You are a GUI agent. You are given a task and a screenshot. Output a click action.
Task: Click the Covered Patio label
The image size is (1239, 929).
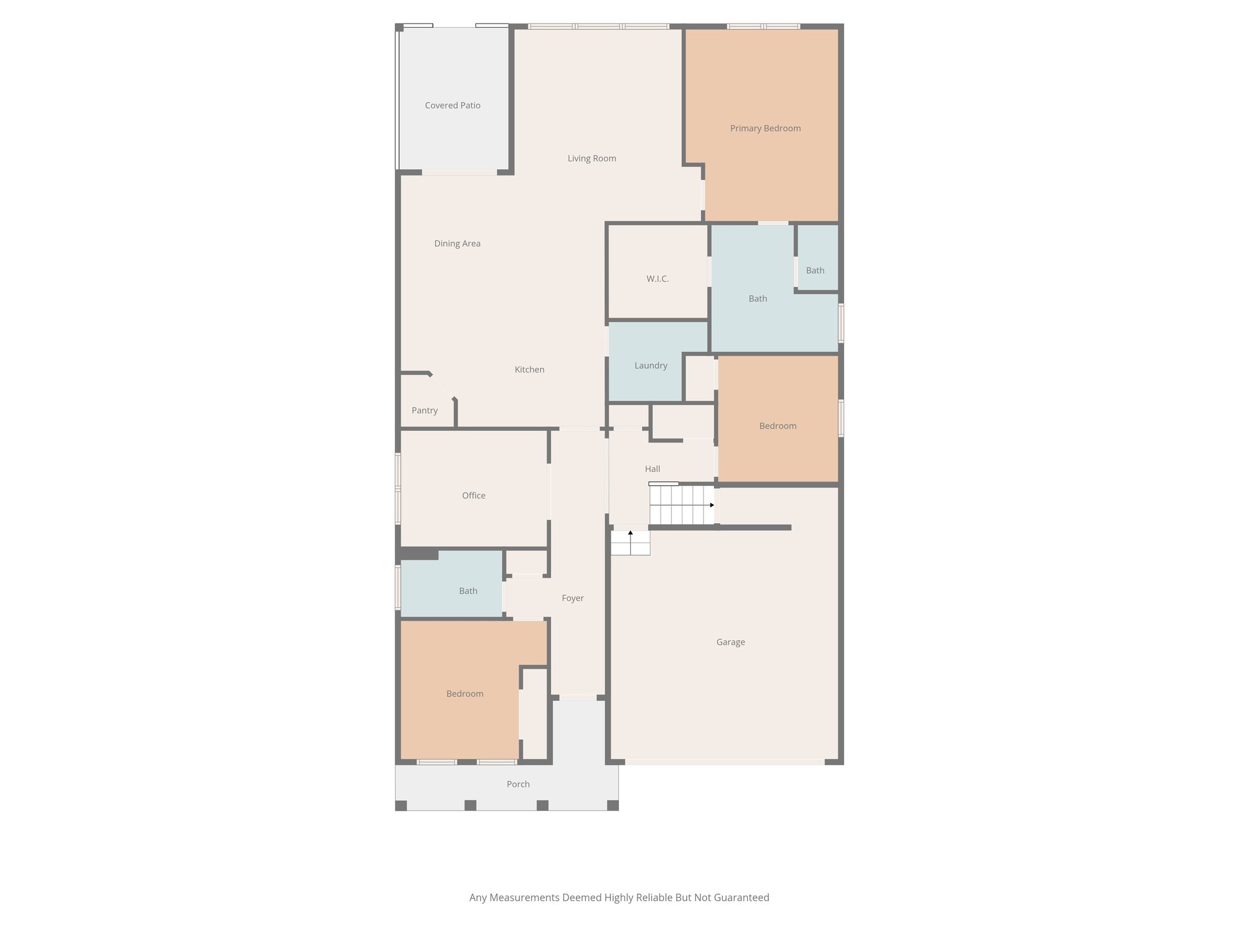[453, 105]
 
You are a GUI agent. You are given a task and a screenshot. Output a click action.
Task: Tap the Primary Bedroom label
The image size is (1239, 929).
[765, 128]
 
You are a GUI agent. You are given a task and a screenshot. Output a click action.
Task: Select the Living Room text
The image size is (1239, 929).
[592, 158]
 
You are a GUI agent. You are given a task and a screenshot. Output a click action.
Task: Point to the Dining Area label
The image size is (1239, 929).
[457, 244]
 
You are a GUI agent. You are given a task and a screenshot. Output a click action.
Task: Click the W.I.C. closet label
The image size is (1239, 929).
[658, 279]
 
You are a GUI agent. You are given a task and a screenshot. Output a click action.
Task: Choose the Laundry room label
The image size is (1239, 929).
[651, 365]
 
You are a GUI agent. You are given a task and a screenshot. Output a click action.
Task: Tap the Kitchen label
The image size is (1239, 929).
[529, 370]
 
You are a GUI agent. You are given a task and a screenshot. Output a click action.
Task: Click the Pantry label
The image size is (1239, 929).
[425, 411]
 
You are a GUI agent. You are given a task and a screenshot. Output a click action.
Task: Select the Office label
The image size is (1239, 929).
[474, 495]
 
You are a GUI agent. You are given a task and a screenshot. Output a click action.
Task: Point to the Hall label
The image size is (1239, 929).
[652, 469]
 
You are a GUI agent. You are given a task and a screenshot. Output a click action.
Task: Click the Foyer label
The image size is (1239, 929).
[572, 598]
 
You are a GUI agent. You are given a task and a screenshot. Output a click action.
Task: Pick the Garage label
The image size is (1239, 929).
[730, 642]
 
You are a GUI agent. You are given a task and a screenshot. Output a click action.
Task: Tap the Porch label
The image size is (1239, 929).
[518, 784]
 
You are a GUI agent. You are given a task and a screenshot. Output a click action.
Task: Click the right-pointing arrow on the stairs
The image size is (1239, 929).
[712, 505]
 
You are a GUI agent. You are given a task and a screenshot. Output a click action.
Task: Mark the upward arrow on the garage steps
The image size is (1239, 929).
[630, 533]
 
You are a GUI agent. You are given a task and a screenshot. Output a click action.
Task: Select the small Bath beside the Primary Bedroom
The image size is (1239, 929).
[815, 270]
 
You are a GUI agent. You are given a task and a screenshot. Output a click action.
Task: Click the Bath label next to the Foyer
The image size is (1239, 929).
[468, 591]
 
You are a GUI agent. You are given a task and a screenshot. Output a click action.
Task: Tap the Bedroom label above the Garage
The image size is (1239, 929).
[777, 426]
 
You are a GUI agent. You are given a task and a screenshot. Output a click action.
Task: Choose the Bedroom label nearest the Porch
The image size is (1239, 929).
[465, 694]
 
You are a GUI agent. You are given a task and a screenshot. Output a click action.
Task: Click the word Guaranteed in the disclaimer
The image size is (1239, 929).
[741, 898]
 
